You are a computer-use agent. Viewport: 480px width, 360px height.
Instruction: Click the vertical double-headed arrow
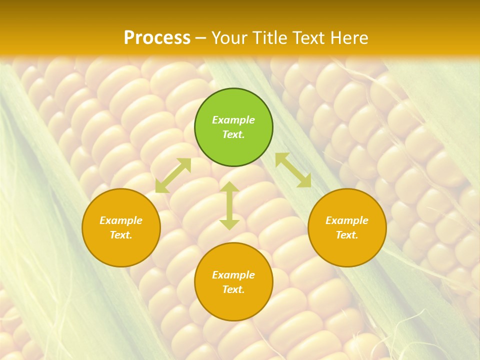pyautogui.click(x=229, y=205)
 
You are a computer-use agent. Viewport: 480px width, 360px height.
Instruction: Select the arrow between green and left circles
pyautogui.click(x=173, y=175)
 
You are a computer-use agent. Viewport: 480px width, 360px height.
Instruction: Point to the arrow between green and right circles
pyautogui.click(x=293, y=170)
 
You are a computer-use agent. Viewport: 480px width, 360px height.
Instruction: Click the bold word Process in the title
pyautogui.click(x=157, y=37)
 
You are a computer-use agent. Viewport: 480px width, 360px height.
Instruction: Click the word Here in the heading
pyautogui.click(x=348, y=37)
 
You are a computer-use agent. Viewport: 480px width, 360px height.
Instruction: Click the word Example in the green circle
pyautogui.click(x=233, y=120)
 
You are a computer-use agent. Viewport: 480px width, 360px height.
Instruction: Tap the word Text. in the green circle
pyautogui.click(x=233, y=134)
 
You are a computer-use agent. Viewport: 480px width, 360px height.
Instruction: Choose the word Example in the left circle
pyautogui.click(x=121, y=220)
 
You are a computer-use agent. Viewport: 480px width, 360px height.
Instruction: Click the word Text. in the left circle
pyautogui.click(x=121, y=235)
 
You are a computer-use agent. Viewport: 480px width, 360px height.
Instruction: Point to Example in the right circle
pyautogui.click(x=347, y=220)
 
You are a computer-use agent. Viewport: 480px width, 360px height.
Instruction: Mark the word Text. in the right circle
pyautogui.click(x=347, y=235)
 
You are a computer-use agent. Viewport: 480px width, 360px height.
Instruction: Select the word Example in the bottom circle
pyautogui.click(x=233, y=275)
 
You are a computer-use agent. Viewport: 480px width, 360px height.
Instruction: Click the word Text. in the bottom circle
pyautogui.click(x=233, y=289)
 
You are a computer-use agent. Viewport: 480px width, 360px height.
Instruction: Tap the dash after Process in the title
pyautogui.click(x=201, y=38)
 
